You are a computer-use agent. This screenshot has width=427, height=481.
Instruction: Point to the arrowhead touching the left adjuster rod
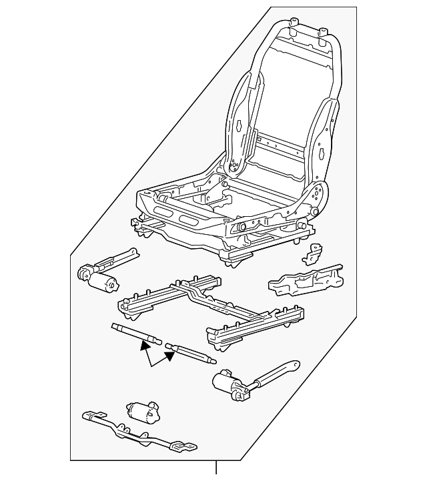(145, 344)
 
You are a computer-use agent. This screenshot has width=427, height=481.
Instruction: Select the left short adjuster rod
(137, 333)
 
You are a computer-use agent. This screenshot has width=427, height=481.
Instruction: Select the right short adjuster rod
(192, 352)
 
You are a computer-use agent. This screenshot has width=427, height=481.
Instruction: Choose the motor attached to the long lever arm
(228, 386)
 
